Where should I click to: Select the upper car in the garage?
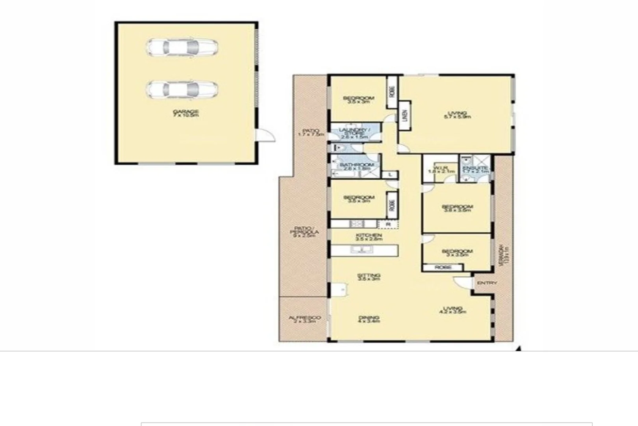coord(182,47)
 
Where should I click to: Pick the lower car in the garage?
coord(182,90)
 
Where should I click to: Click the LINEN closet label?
coord(405,116)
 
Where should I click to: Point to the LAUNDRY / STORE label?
coord(354,133)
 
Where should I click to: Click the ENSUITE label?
coord(476,169)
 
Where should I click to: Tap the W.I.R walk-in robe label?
coord(444,169)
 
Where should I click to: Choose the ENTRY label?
coord(487,283)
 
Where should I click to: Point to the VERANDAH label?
coord(504,256)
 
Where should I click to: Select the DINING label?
coord(369,319)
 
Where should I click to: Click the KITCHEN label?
coord(369,237)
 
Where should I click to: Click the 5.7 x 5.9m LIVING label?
coord(457,115)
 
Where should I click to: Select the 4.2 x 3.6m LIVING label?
coord(453,310)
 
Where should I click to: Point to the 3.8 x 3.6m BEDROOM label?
coord(457,208)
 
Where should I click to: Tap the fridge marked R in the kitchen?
coord(388,224)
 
